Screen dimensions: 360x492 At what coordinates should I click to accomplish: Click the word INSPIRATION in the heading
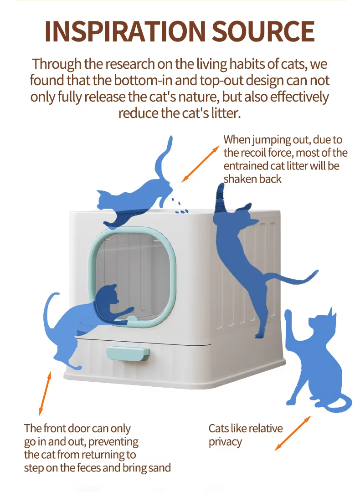(x=125, y=31)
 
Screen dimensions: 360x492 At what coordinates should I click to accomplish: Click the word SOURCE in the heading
(x=263, y=31)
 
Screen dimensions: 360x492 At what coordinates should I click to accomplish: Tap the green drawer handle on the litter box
(x=128, y=354)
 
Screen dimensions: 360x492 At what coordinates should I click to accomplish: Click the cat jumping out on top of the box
(x=138, y=191)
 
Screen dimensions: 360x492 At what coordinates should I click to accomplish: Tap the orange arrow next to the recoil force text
(x=200, y=164)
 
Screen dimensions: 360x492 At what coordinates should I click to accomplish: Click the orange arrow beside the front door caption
(x=45, y=393)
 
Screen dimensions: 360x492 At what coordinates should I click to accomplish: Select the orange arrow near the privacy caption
(x=293, y=433)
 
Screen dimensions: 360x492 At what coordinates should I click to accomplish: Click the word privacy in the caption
(x=225, y=442)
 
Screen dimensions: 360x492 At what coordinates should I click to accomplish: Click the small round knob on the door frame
(x=132, y=319)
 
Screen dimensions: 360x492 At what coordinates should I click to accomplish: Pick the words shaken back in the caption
(x=252, y=179)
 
